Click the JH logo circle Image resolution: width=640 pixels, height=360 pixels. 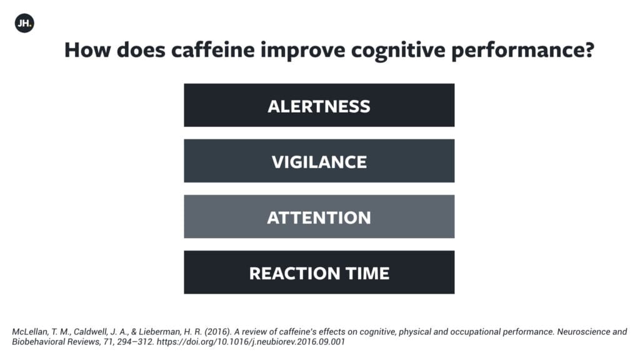click(24, 23)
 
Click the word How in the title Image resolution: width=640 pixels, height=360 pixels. click(87, 50)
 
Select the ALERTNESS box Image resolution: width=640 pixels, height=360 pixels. click(319, 105)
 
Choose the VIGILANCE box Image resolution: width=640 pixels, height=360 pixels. click(319, 161)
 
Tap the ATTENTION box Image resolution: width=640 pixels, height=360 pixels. click(319, 216)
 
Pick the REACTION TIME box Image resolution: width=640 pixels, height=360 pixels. click(319, 272)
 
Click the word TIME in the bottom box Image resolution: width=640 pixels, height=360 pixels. click(367, 273)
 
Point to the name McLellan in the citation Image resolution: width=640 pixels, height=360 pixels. click(30, 331)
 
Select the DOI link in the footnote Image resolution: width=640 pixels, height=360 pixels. click(251, 342)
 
